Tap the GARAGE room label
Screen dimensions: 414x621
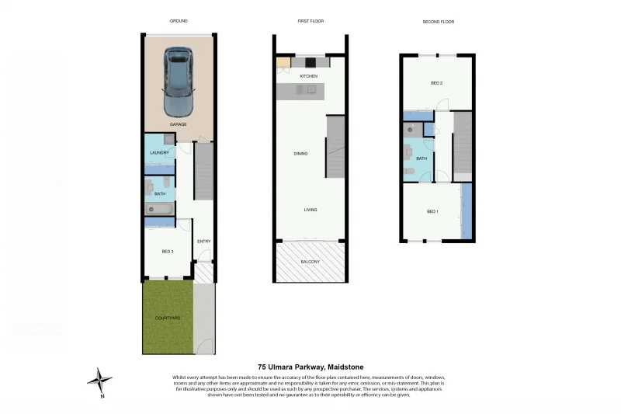179,124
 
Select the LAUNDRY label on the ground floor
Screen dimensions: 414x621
159,152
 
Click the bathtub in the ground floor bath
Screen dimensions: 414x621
159,209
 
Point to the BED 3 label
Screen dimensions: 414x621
167,252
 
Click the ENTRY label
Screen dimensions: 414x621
203,241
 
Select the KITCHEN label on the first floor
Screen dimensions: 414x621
309,76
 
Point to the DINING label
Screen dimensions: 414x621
300,154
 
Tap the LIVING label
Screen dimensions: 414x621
310,210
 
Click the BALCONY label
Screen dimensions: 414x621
310,262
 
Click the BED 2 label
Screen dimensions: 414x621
436,82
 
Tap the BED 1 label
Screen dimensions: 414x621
432,211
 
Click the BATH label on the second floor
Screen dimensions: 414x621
422,158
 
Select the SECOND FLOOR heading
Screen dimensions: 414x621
437,22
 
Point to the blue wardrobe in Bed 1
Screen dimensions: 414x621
467,211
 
